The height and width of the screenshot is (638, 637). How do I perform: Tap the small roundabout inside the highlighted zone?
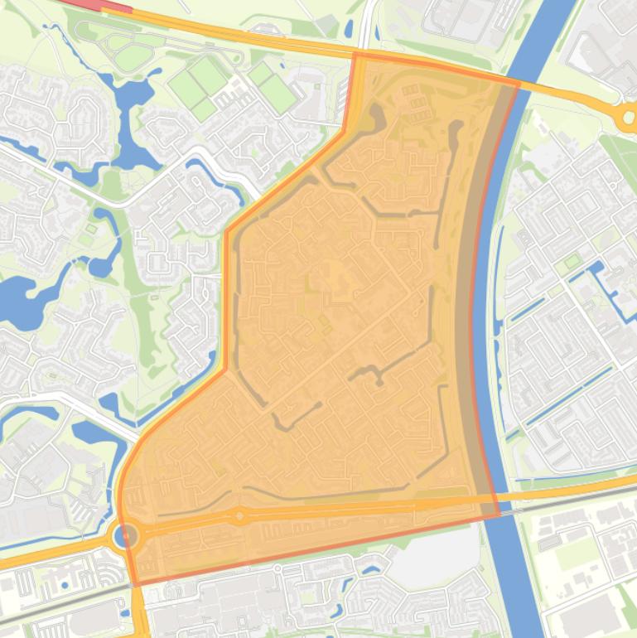coord(239,516)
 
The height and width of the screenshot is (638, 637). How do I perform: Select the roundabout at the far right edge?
coord(627,118)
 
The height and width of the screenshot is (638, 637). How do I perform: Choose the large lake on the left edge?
coord(17,298)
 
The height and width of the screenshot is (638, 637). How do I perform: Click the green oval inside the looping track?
coord(133,57)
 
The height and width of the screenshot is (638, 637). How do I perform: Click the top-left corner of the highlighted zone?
coord(355,54)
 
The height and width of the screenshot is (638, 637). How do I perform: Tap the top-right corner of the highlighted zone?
coord(519,82)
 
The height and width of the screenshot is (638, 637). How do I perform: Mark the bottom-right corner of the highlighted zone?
coord(499,515)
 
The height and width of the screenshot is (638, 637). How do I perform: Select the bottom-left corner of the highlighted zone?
coord(133,584)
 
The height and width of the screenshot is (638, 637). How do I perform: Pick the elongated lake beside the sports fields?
coord(128,124)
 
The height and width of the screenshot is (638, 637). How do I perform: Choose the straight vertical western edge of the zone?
coord(226,298)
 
